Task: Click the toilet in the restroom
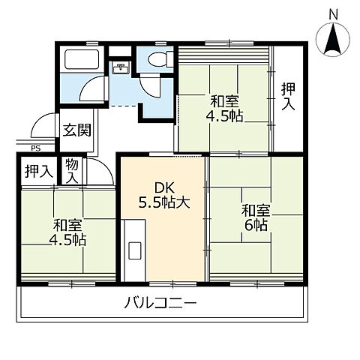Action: tap(160, 59)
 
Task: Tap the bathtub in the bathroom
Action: tap(82, 59)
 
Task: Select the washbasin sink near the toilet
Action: tap(121, 67)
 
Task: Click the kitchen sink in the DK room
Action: tap(135, 250)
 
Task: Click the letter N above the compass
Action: tap(333, 14)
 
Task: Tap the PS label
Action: tap(36, 148)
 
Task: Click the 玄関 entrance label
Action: tap(76, 130)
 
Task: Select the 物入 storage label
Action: tap(72, 171)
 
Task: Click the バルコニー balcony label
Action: tap(160, 303)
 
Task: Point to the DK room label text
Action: tap(164, 188)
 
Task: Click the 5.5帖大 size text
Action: tap(164, 202)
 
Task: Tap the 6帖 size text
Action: tap(256, 226)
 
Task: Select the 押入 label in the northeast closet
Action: tap(288, 96)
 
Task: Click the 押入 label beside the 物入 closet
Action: tap(39, 172)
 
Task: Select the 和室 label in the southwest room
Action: tap(67, 225)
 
